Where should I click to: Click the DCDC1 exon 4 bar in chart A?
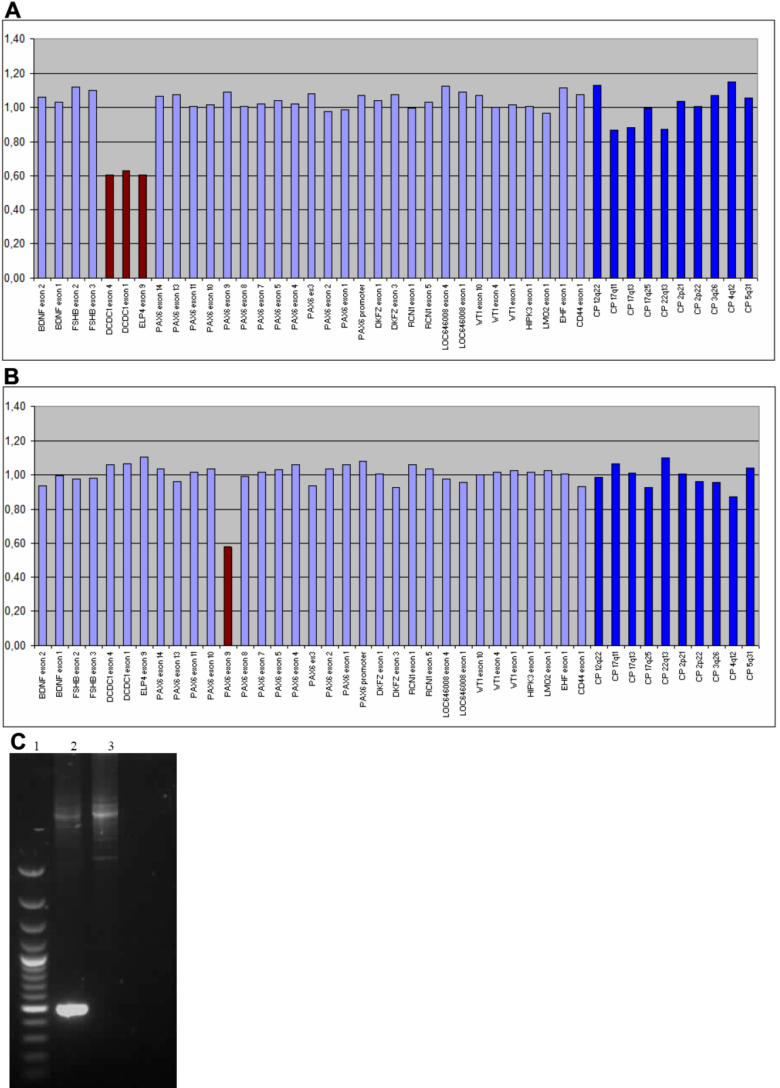point(110,227)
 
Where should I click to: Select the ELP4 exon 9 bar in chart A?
point(143,227)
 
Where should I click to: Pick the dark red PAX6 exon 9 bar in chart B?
point(228,595)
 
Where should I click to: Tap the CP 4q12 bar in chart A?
point(731,180)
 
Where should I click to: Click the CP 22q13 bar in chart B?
point(665,551)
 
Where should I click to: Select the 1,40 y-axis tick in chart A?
point(15,39)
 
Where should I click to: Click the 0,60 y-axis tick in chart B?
point(15,543)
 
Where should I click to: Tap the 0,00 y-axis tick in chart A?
point(15,277)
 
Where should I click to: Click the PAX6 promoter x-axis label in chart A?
point(362,312)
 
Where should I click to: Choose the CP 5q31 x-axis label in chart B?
point(750,666)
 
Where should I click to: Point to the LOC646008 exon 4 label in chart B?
point(446,684)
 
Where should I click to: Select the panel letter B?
point(12,376)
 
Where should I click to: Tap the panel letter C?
point(18,741)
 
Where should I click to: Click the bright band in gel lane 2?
point(72,1010)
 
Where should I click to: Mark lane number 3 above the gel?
point(110,746)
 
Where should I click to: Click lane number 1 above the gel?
point(37,746)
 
